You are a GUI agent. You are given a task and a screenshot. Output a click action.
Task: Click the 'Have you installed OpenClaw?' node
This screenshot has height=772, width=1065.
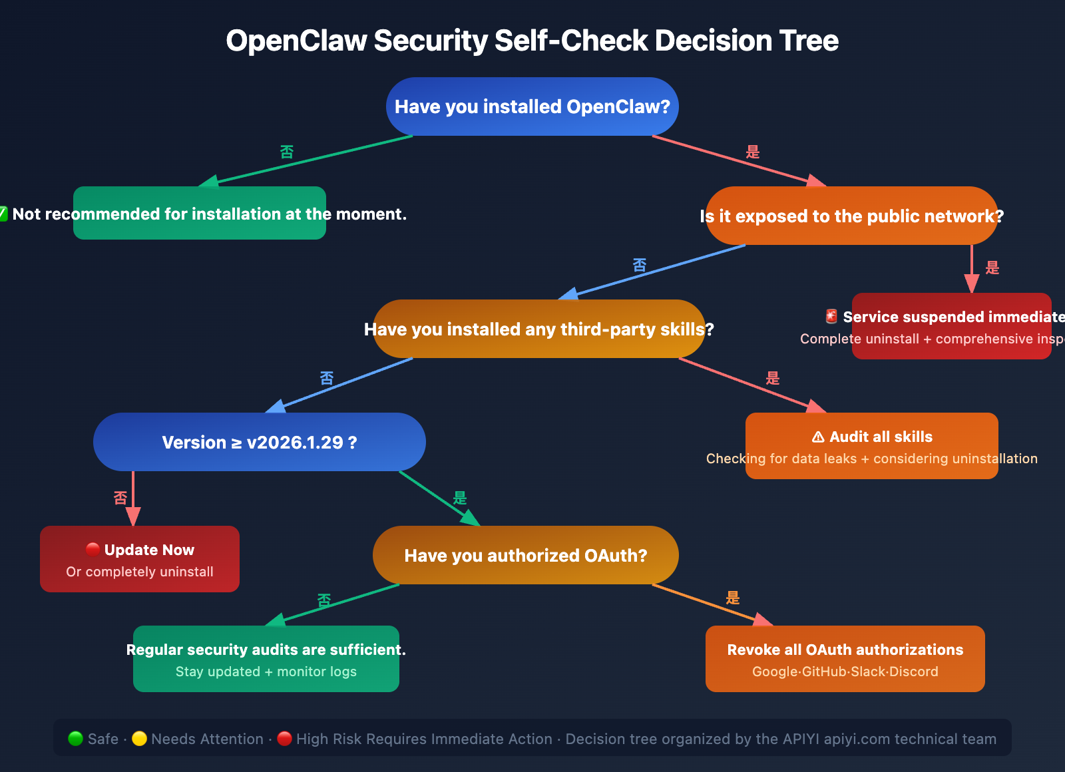coord(532,106)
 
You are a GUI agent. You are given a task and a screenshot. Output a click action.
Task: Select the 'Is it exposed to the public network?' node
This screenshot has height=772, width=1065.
coord(851,216)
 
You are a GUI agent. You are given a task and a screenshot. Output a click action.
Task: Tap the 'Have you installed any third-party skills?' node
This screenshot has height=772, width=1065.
coord(538,329)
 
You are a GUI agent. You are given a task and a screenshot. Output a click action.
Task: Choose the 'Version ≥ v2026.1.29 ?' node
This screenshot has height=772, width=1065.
coord(259,442)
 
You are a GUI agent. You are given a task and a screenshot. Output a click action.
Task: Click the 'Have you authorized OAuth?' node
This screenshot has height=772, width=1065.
coord(525,555)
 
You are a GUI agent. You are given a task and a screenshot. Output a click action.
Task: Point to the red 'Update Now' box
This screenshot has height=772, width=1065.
coord(139,559)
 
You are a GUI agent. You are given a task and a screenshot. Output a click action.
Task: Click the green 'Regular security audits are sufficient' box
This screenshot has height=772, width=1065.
coord(266,659)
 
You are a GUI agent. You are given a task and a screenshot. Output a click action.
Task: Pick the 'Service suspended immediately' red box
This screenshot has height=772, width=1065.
coord(951,326)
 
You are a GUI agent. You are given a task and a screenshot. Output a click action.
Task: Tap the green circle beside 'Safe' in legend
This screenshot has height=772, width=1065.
coord(75,739)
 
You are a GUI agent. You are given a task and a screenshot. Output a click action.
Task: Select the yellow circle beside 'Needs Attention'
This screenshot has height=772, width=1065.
coord(139,739)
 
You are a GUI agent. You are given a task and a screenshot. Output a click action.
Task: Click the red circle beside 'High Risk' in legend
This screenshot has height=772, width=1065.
coord(284,739)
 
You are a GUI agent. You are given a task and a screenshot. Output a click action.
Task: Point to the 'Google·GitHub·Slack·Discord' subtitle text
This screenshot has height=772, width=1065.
coord(845,672)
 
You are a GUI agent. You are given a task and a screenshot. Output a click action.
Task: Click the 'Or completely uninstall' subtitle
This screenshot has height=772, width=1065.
coord(139,572)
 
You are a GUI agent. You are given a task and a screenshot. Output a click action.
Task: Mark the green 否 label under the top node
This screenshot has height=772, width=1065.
coord(286,152)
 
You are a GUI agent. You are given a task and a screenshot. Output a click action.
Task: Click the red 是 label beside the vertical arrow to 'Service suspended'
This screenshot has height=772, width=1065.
coord(992,268)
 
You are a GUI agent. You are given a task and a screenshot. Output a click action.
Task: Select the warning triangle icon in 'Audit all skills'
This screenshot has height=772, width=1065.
coord(818,437)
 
